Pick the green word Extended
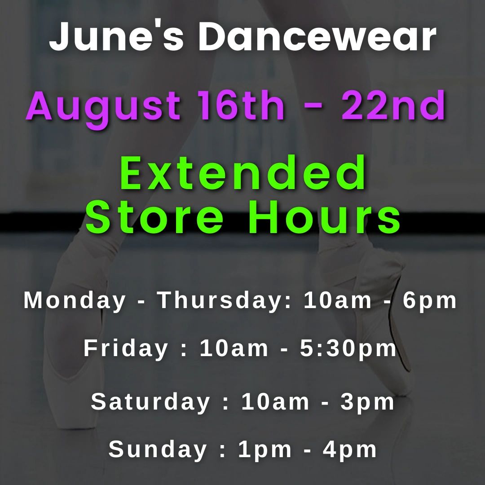(243, 173)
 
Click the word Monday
(75, 300)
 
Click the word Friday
(126, 348)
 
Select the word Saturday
(150, 402)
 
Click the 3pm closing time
(367, 402)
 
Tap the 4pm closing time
(350, 449)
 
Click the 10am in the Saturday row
(275, 402)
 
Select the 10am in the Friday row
(234, 348)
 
